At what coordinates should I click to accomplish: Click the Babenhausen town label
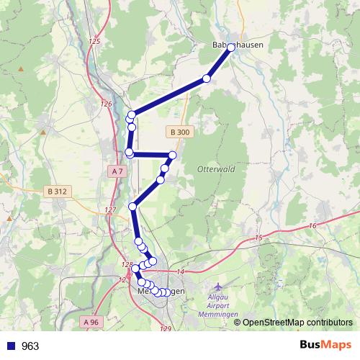coord(238,45)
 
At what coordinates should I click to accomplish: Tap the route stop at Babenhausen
coord(231,52)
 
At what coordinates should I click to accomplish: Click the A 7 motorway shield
coord(119,170)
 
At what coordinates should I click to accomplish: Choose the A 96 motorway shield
coord(91,321)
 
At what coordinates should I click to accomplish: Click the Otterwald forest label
coord(211,170)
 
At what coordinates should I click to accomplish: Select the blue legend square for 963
coord(11,346)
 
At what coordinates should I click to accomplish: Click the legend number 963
coord(30,346)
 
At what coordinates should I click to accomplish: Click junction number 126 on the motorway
coord(107,104)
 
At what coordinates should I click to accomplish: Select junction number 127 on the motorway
coord(110,210)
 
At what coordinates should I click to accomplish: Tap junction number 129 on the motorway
coord(166,328)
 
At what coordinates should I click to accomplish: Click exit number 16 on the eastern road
coord(311,226)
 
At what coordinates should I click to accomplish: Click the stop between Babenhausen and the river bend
coord(207,78)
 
